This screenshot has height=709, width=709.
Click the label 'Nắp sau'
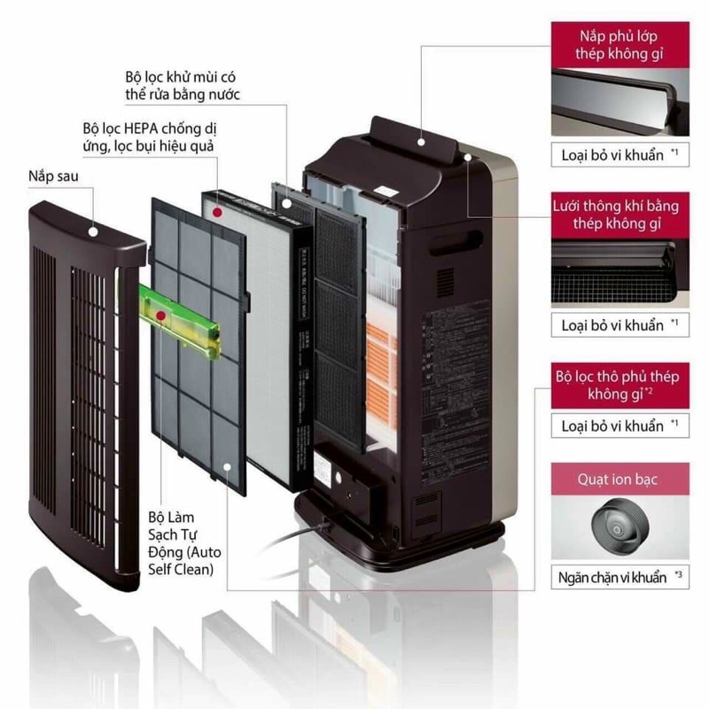coord(54,177)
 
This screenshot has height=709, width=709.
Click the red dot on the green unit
coord(160,315)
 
